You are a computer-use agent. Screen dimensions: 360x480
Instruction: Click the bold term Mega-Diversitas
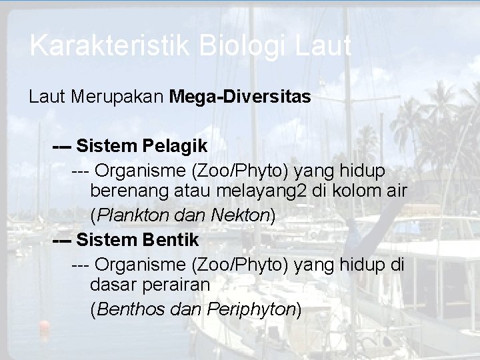click(239, 97)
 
